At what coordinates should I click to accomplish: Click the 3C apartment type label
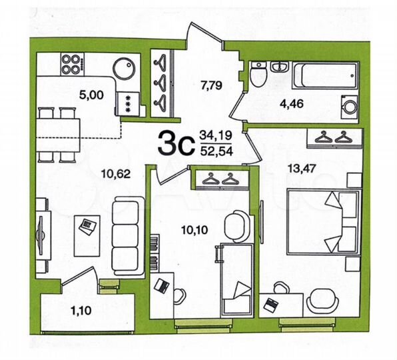175,142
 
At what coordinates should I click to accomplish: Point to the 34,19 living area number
214,135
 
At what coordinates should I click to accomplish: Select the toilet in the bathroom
260,77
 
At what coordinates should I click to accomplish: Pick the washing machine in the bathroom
349,105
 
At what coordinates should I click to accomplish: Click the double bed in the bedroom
322,221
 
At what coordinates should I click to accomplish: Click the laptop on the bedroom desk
270,305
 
